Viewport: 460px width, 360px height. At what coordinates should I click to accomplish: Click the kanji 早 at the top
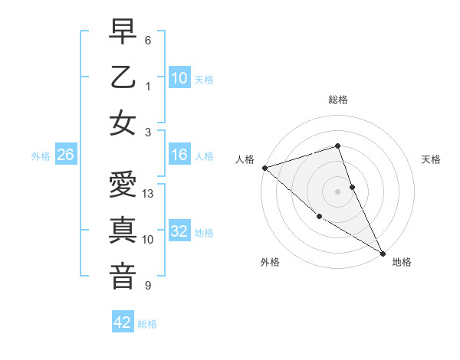[x=123, y=33]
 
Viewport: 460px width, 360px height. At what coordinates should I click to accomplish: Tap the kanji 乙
[x=123, y=77]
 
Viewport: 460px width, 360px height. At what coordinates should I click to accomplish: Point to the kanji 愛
[x=123, y=186]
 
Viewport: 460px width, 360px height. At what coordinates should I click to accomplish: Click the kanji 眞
[x=123, y=231]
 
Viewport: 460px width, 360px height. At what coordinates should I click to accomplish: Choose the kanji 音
[x=123, y=275]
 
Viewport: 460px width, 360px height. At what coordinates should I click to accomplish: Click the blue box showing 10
[x=179, y=77]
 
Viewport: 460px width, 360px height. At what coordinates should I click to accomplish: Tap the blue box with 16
[x=179, y=155]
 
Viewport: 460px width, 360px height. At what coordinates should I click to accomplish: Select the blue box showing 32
[x=179, y=232]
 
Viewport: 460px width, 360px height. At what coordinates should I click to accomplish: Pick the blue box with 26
[x=66, y=155]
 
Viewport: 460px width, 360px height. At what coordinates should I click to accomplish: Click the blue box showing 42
[x=123, y=322]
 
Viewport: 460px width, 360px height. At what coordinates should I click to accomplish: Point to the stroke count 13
[x=149, y=194]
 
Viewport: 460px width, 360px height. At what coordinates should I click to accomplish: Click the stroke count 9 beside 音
[x=148, y=286]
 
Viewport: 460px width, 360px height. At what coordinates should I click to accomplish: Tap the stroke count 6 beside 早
[x=148, y=40]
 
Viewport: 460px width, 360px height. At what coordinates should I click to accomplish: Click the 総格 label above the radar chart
[x=338, y=100]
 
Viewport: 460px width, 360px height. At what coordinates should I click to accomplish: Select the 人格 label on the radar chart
[x=245, y=159]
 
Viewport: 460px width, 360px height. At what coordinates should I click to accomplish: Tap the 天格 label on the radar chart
[x=431, y=159]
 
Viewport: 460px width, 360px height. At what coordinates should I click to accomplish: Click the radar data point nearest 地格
[x=383, y=253]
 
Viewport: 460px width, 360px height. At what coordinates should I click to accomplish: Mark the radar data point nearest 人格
[x=264, y=167]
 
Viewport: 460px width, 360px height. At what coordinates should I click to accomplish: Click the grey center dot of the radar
[x=338, y=191]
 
